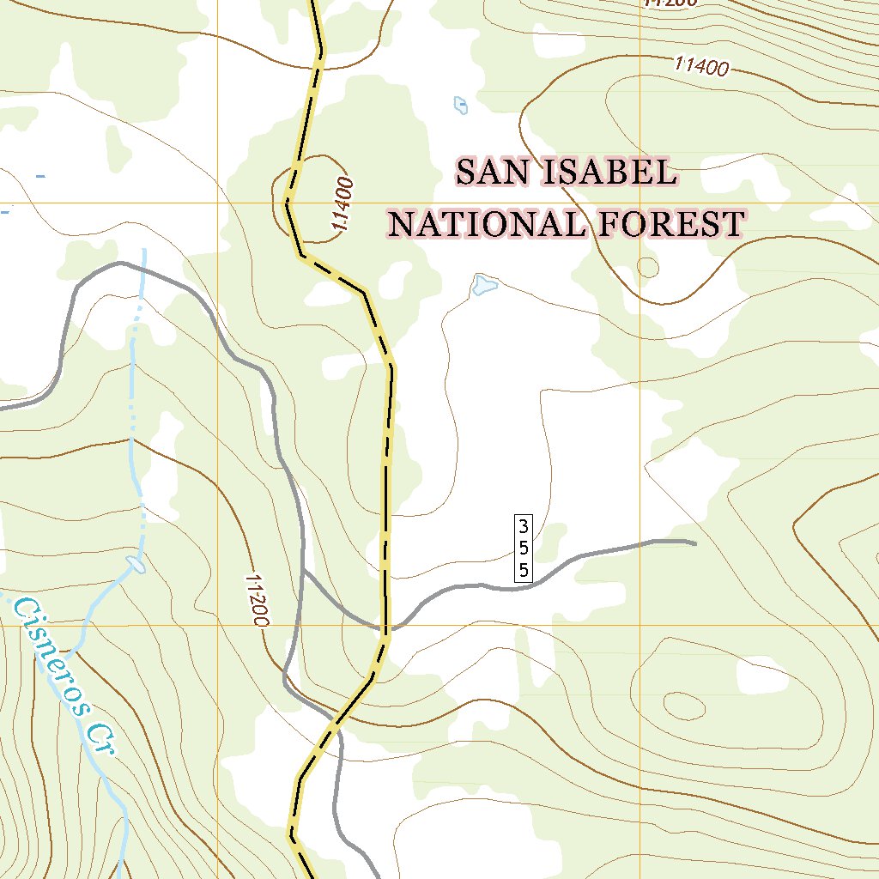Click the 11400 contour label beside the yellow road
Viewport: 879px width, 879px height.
pos(343,203)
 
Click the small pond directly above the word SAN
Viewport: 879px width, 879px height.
pos(461,105)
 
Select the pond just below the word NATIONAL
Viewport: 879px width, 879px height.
pos(484,284)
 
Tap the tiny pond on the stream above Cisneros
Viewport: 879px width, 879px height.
pos(135,564)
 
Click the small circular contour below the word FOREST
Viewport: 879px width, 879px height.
pos(648,268)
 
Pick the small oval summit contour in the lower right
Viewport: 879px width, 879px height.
pos(683,706)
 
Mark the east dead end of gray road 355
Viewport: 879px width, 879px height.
pos(694,543)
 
